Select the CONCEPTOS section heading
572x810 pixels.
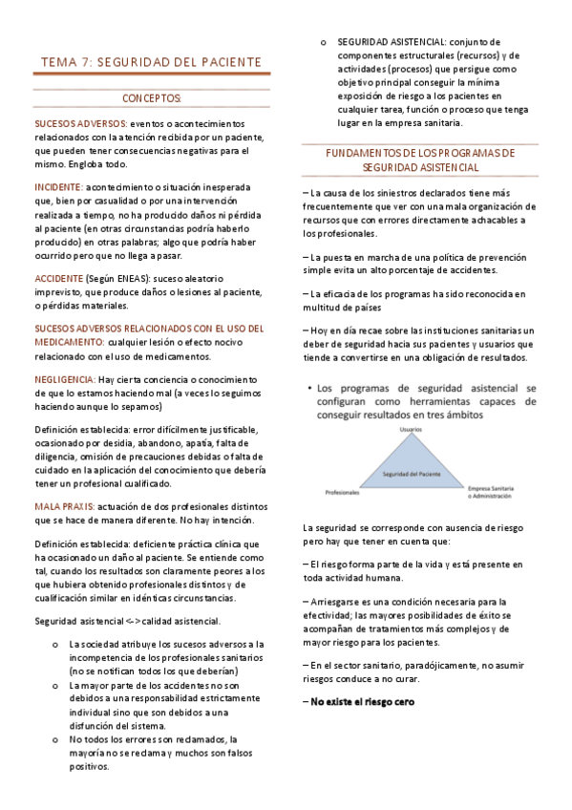point(151,98)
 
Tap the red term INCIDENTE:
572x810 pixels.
point(58,187)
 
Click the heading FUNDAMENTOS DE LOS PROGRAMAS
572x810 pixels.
point(420,153)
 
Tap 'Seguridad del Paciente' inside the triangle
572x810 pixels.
point(411,473)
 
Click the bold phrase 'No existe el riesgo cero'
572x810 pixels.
point(362,675)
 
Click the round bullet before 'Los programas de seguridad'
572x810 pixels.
point(310,389)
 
